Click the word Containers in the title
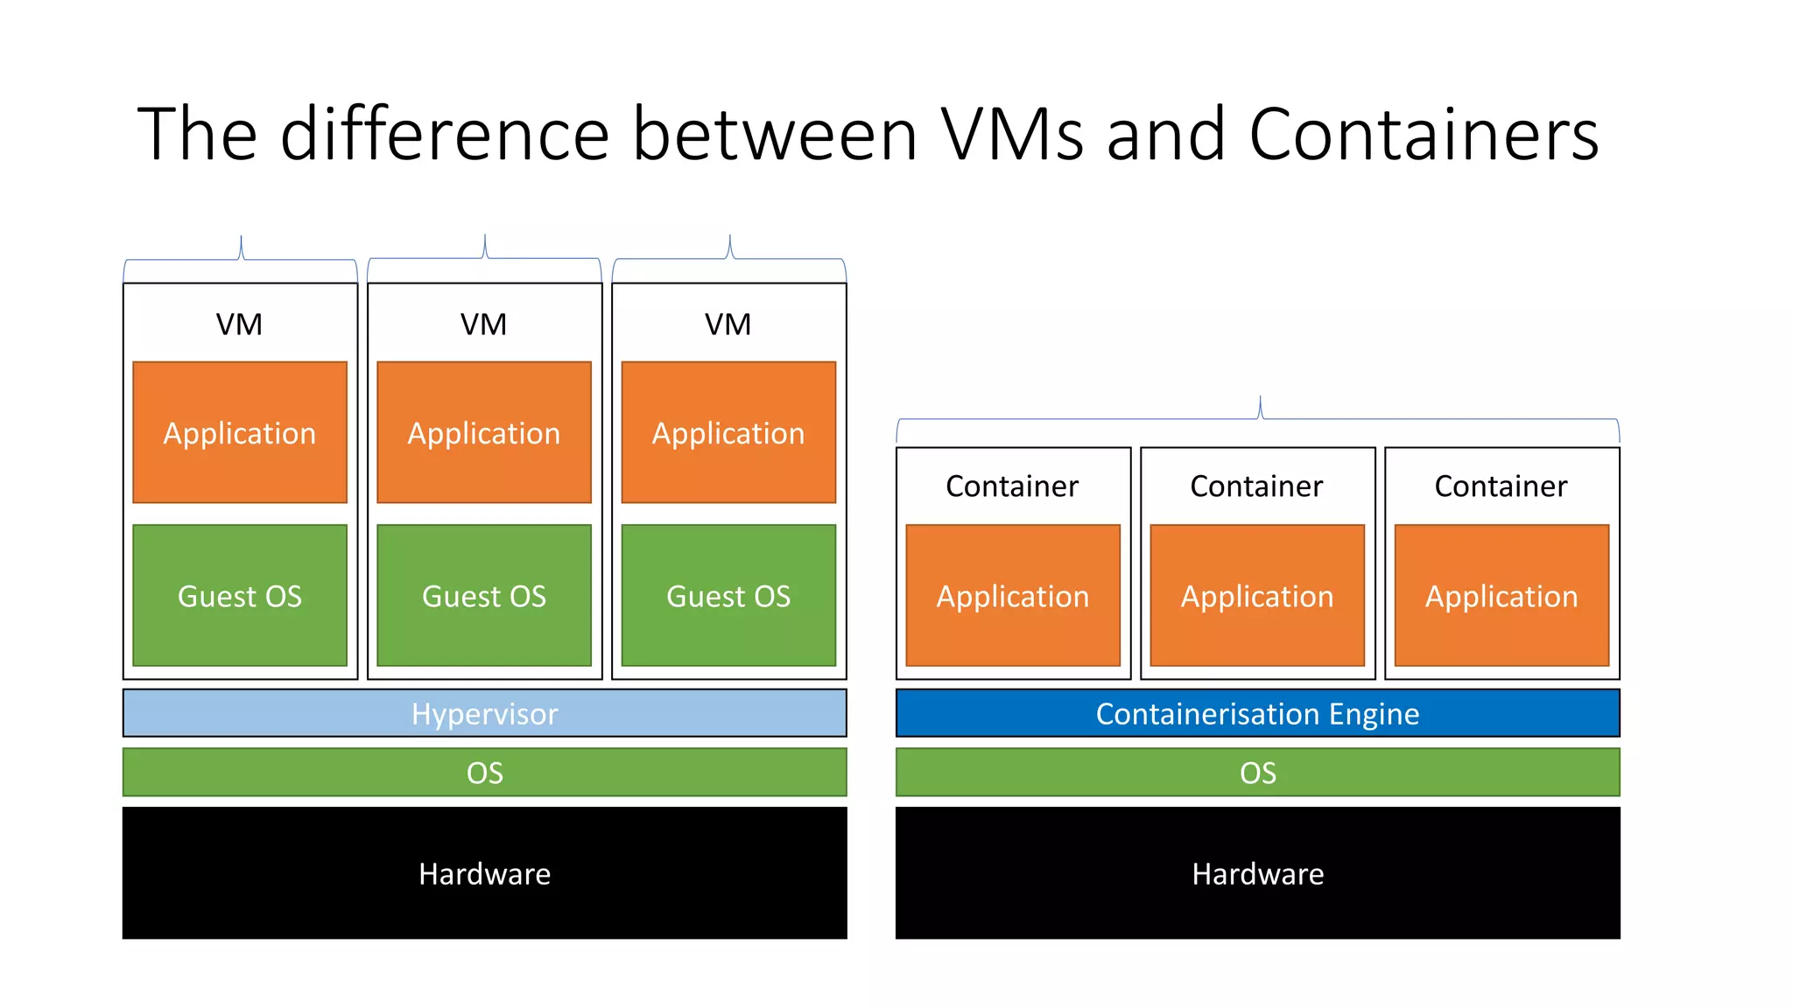[1424, 135]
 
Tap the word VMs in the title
[1012, 135]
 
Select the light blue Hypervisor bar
[484, 713]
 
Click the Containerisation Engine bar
[1257, 713]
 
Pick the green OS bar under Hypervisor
[484, 772]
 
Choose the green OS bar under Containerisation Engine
[1257, 772]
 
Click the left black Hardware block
[484, 872]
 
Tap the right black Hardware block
[1257, 872]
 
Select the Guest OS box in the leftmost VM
[240, 595]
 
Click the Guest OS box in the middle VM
[484, 595]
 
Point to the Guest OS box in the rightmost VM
[728, 595]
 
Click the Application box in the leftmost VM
[240, 432]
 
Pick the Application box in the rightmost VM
[728, 432]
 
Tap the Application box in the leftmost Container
[1013, 595]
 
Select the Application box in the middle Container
[1257, 595]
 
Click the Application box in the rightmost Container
[1501, 595]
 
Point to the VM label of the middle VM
[483, 325]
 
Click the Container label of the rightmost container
[1501, 486]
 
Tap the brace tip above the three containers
[1260, 399]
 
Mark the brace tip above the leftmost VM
[241, 238]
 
